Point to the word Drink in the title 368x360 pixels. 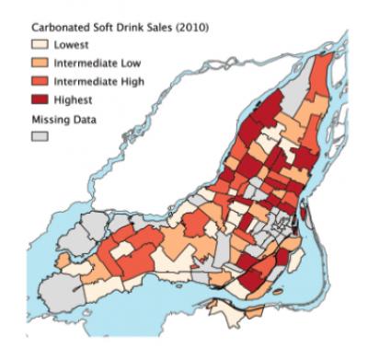pos(128,29)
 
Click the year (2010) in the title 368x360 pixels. pos(192,29)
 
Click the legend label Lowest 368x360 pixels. pos(72,44)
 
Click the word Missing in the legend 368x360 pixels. pos(52,116)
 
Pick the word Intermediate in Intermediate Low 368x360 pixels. pos(84,62)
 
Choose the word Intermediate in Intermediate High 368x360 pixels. pos(84,80)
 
